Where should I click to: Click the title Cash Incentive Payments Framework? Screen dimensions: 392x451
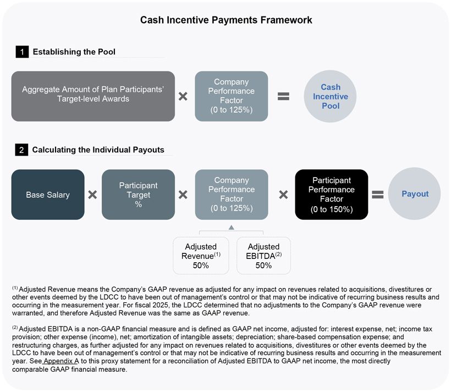pos(226,20)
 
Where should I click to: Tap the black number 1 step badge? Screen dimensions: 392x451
pos(21,52)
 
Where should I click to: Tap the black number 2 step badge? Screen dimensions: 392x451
pos(21,150)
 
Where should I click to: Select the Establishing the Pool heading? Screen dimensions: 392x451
pos(74,52)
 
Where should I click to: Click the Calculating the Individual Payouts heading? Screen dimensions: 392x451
pos(98,150)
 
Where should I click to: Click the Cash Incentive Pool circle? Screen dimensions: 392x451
pos(330,96)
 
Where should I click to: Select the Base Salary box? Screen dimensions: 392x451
pos(48,195)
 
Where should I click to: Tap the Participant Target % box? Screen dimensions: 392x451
pos(138,195)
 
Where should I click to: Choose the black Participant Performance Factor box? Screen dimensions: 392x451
pos(331,195)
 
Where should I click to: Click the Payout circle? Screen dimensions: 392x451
pos(414,194)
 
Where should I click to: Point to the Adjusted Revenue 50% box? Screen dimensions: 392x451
pos(201,256)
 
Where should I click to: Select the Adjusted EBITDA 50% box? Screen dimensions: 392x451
pos(263,256)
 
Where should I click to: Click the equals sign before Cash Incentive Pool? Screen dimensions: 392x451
pos(283,96)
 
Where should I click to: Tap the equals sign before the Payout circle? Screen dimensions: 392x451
pos(377,195)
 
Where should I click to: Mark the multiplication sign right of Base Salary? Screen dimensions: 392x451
pos(92,195)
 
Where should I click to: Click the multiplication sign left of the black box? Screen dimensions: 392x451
pos(283,195)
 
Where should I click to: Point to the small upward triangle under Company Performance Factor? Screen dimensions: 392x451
pos(232,227)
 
